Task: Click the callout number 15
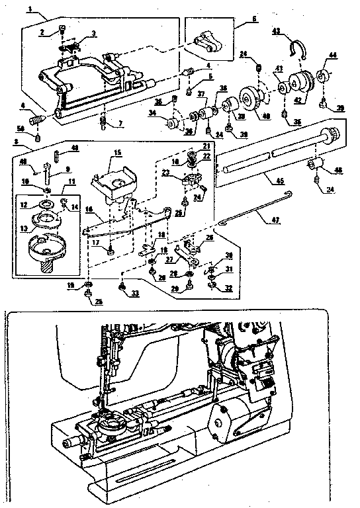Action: click(117, 153)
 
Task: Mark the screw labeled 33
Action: click(122, 285)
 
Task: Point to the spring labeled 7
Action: click(103, 122)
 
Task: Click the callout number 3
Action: click(93, 34)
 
